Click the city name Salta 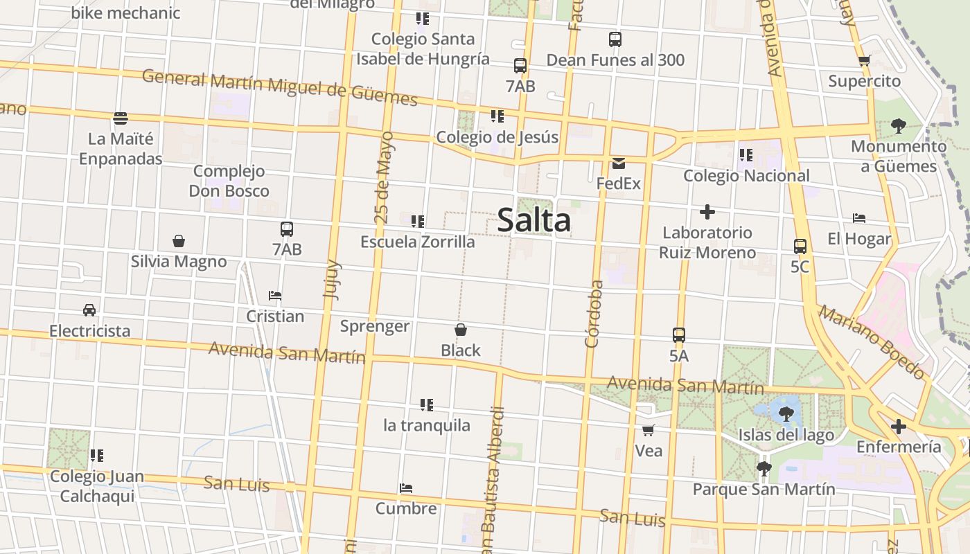534,221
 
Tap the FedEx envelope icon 619,163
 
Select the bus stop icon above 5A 679,335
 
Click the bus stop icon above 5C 800,246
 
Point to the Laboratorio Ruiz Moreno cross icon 707,211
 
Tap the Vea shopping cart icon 649,431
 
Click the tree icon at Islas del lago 786,414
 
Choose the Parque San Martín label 764,490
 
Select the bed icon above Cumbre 406,488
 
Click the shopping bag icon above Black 461,330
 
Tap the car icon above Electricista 89,310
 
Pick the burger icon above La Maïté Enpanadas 121,118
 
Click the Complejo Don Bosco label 229,181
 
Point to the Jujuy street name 332,279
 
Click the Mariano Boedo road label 872,342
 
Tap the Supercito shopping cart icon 864,61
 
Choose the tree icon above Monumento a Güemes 898,126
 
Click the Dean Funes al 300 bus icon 615,39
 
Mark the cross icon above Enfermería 899,426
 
